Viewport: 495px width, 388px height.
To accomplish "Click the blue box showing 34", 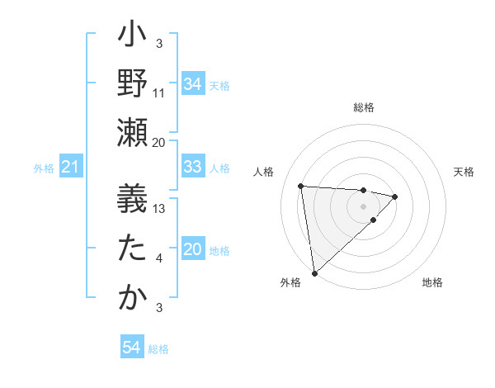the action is pos(193,83).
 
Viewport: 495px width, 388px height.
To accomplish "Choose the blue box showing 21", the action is pos(71,168).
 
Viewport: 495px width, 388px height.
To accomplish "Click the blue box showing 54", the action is pos(132,348).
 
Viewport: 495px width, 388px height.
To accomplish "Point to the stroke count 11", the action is pos(159,92).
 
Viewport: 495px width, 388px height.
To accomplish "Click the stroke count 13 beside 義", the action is pos(159,209).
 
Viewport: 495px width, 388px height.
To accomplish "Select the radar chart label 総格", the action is pos(364,107).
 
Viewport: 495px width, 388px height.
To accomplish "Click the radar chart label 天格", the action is pos(464,172).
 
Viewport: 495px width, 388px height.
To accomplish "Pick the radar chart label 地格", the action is pos(432,282).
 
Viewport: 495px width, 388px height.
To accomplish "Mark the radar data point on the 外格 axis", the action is pos(314,272).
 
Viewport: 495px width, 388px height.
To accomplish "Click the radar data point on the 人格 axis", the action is pos(301,185).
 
